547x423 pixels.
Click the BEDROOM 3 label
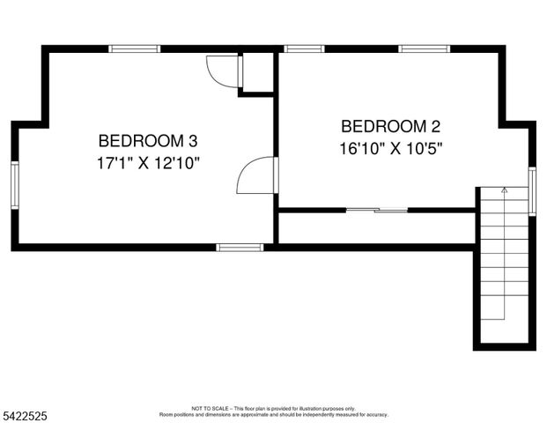coord(147,140)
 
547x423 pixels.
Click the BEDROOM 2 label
coord(390,125)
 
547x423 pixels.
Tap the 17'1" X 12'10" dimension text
coord(148,163)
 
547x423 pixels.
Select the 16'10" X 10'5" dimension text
coord(390,148)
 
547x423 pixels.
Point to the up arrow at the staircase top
coord(504,189)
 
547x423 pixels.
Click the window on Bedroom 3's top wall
coord(135,48)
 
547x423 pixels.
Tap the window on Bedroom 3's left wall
coord(15,184)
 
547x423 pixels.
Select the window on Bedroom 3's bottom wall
coord(240,248)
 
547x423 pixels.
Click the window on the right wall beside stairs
coord(532,190)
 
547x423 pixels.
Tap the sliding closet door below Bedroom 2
coord(377,210)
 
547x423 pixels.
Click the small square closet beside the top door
coord(257,72)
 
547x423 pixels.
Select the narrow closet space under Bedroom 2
coord(377,227)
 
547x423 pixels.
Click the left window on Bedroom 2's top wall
coord(305,48)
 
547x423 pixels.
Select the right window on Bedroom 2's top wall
coord(425,48)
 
